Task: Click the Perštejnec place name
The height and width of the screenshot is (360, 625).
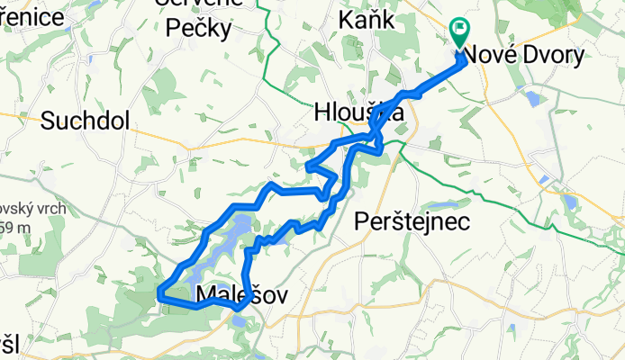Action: [412, 221]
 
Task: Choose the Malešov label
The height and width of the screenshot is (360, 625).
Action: [228, 293]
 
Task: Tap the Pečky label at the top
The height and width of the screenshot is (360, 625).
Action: [198, 29]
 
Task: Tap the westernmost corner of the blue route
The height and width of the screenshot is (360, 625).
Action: [159, 292]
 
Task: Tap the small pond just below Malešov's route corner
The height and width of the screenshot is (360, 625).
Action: [238, 319]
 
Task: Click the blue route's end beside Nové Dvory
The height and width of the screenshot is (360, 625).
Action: [463, 58]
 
